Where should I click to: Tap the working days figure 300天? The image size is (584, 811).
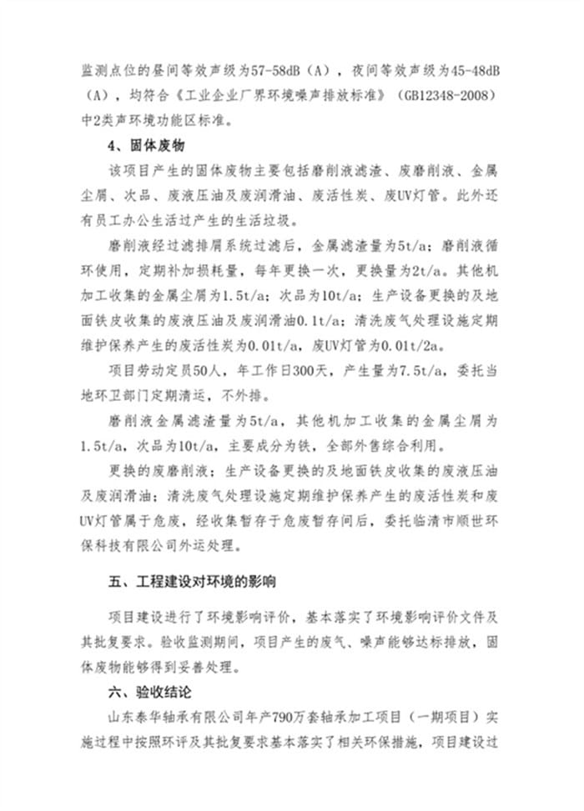pos(298,371)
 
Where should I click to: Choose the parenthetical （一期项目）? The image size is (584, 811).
pos(442,718)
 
